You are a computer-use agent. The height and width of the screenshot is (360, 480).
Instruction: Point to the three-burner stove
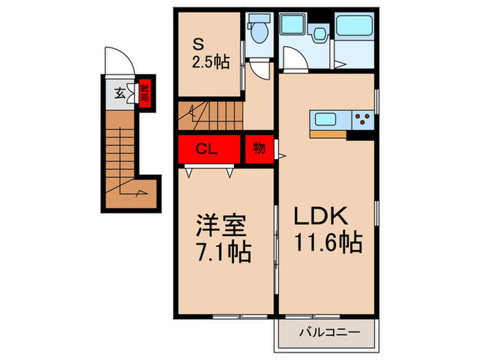363,120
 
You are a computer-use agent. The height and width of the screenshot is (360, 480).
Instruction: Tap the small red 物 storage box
259,149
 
